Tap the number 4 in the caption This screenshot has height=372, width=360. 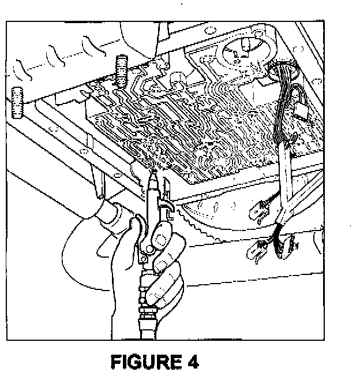coord(192,362)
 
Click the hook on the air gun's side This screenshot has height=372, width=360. coord(167,188)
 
